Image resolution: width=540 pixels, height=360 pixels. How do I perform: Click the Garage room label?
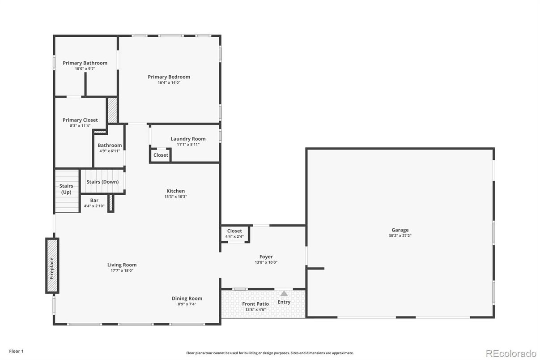point(400,230)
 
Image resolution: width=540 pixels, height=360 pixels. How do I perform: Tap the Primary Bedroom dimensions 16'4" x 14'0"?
point(169,82)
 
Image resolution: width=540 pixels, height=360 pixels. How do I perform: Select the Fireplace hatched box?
point(52,266)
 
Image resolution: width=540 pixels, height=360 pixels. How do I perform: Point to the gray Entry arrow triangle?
point(284,293)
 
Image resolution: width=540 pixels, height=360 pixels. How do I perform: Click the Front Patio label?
point(255,304)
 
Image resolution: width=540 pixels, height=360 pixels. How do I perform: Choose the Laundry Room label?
point(188,139)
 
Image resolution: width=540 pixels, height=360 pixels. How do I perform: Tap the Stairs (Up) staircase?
point(67,191)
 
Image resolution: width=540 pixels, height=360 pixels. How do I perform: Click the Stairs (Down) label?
point(102,182)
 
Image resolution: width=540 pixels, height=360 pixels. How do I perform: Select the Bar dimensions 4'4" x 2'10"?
point(94,206)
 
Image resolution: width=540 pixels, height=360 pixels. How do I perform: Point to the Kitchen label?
point(175,191)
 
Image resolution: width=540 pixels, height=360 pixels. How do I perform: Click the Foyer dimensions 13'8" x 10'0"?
point(266,262)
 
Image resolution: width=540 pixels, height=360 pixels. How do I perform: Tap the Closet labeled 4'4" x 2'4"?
point(234,234)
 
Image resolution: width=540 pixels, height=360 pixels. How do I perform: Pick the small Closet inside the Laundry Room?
point(161,155)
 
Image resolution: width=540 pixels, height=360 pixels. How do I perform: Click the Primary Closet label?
point(80,120)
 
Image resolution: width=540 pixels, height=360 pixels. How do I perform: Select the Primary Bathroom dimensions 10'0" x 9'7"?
point(85,69)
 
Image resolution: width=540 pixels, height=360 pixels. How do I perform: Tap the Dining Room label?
point(187,299)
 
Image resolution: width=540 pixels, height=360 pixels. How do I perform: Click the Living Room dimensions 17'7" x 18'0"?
point(122,270)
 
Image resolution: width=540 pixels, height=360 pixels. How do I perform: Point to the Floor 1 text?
point(17,351)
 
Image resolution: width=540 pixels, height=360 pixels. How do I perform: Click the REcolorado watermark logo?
point(511,353)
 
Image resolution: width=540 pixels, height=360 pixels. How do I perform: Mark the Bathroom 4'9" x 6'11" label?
point(110,148)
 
